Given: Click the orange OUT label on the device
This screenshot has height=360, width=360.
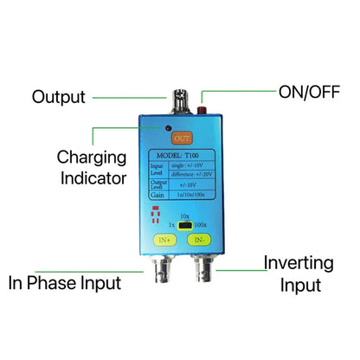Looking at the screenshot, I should pos(182,138).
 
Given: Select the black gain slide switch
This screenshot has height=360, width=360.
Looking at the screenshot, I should pos(183,224).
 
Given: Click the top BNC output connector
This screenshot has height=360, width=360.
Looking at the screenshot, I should pos(183,100).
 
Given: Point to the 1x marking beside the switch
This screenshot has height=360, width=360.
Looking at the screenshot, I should pos(165,225).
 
